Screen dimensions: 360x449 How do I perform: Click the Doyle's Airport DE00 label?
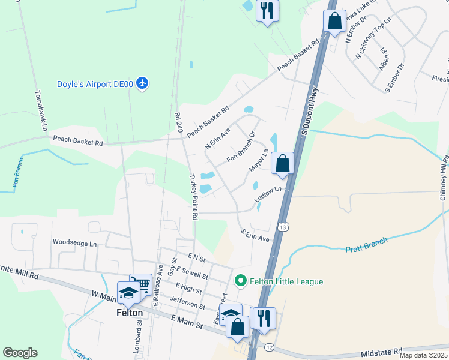(x=95, y=85)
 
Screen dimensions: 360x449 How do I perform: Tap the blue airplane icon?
(x=142, y=83)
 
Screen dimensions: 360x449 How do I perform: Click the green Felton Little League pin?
(x=241, y=281)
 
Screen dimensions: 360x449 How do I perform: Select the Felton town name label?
(x=130, y=313)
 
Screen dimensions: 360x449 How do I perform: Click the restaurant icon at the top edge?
(x=267, y=10)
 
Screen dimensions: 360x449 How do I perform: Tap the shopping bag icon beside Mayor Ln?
(x=282, y=163)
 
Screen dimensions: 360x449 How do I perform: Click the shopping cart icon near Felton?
(x=142, y=283)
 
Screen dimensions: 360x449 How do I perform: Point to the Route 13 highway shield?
(x=282, y=227)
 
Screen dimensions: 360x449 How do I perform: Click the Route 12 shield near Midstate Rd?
(x=268, y=347)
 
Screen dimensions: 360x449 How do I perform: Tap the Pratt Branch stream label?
(x=366, y=244)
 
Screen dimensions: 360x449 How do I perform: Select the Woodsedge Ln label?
(x=74, y=244)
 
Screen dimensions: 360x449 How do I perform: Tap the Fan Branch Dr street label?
(x=241, y=147)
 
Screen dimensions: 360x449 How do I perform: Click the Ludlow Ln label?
(x=267, y=193)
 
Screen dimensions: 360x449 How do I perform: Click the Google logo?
(x=20, y=353)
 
